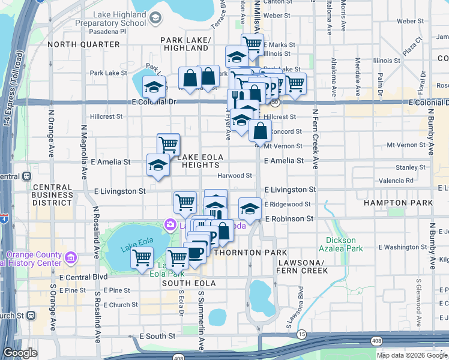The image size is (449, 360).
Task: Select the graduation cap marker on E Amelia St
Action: [x=157, y=164]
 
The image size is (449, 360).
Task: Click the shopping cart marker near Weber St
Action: [x=253, y=43]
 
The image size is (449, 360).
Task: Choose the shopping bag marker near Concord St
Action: [x=261, y=130]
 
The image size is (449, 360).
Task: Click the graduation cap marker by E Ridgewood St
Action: [x=250, y=208]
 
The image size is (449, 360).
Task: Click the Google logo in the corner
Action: [x=20, y=353]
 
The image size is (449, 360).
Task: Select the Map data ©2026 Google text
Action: [x=412, y=355]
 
